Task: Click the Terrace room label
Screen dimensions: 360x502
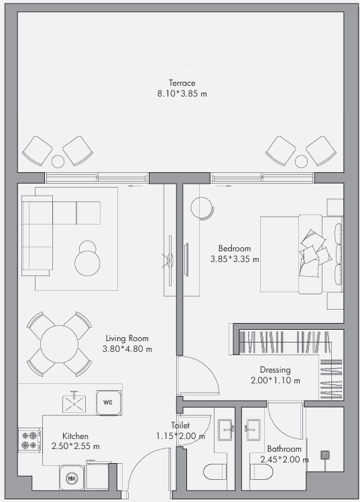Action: click(182, 83)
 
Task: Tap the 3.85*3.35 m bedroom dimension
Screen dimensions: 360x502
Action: click(235, 259)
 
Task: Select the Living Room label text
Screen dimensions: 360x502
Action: click(127, 338)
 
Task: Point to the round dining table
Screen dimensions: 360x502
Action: click(59, 344)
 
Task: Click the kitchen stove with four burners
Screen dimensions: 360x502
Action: click(29, 440)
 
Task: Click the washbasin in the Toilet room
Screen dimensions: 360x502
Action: click(226, 430)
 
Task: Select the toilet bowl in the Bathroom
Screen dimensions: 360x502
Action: click(261, 472)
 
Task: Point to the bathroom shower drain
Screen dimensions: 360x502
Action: click(325, 455)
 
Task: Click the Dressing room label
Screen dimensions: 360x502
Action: click(275, 370)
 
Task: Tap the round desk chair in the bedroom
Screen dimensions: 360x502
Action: click(202, 208)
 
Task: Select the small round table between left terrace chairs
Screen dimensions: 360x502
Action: click(58, 162)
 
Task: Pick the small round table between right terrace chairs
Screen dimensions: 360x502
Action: click(301, 162)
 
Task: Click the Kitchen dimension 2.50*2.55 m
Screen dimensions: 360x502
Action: click(76, 446)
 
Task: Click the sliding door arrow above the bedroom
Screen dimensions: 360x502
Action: click(224, 186)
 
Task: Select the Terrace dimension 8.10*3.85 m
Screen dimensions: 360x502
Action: click(182, 94)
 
